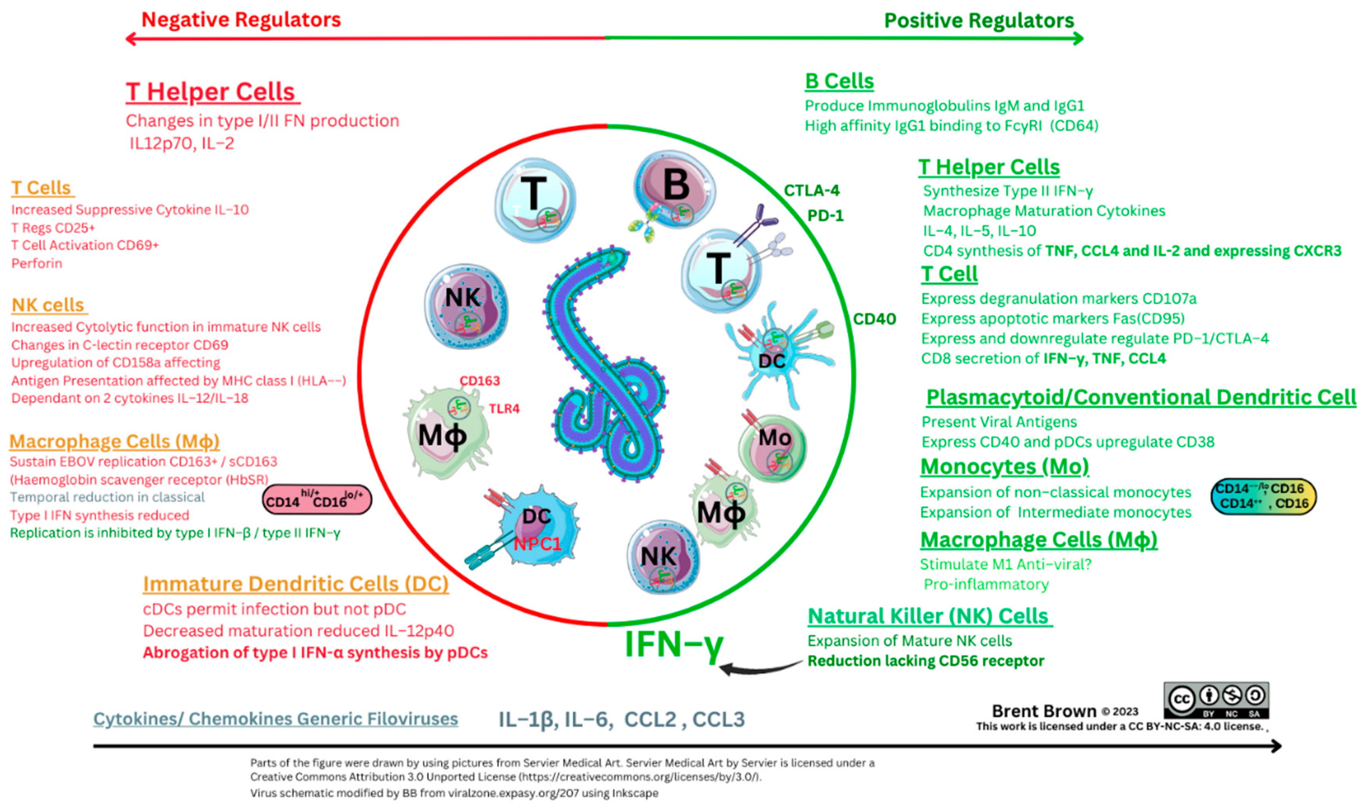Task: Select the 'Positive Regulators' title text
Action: [x=978, y=21]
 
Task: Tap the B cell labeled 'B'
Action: [x=675, y=188]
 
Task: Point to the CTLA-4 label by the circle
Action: [x=811, y=190]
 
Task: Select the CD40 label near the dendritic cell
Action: [x=874, y=319]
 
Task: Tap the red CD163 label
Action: [x=479, y=381]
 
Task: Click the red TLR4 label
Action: [x=504, y=408]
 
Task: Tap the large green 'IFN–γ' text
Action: [x=674, y=644]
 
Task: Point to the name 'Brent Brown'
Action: [x=1044, y=711]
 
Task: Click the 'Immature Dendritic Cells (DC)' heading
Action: [x=295, y=584]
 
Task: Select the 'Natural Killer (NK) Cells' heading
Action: [x=928, y=616]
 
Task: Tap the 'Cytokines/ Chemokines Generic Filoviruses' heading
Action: [x=275, y=718]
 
